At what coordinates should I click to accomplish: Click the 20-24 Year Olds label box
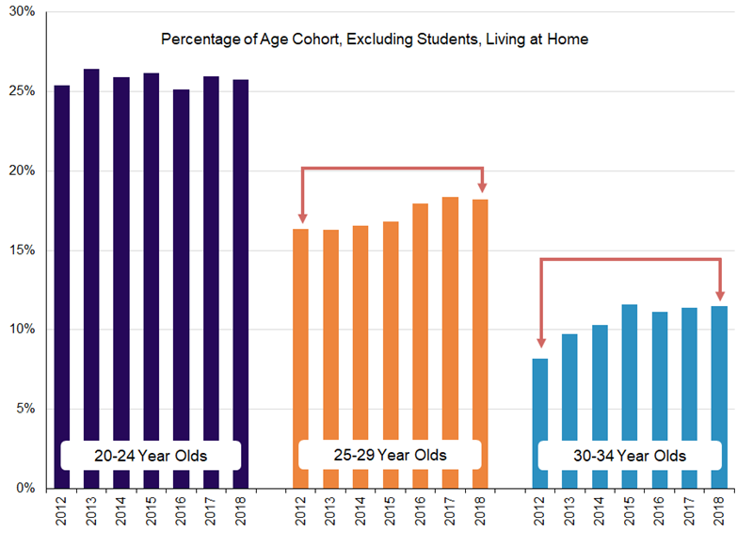tap(151, 456)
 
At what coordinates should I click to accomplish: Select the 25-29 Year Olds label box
tap(390, 456)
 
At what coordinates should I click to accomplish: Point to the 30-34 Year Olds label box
tap(630, 457)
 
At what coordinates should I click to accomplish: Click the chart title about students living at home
tap(375, 40)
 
